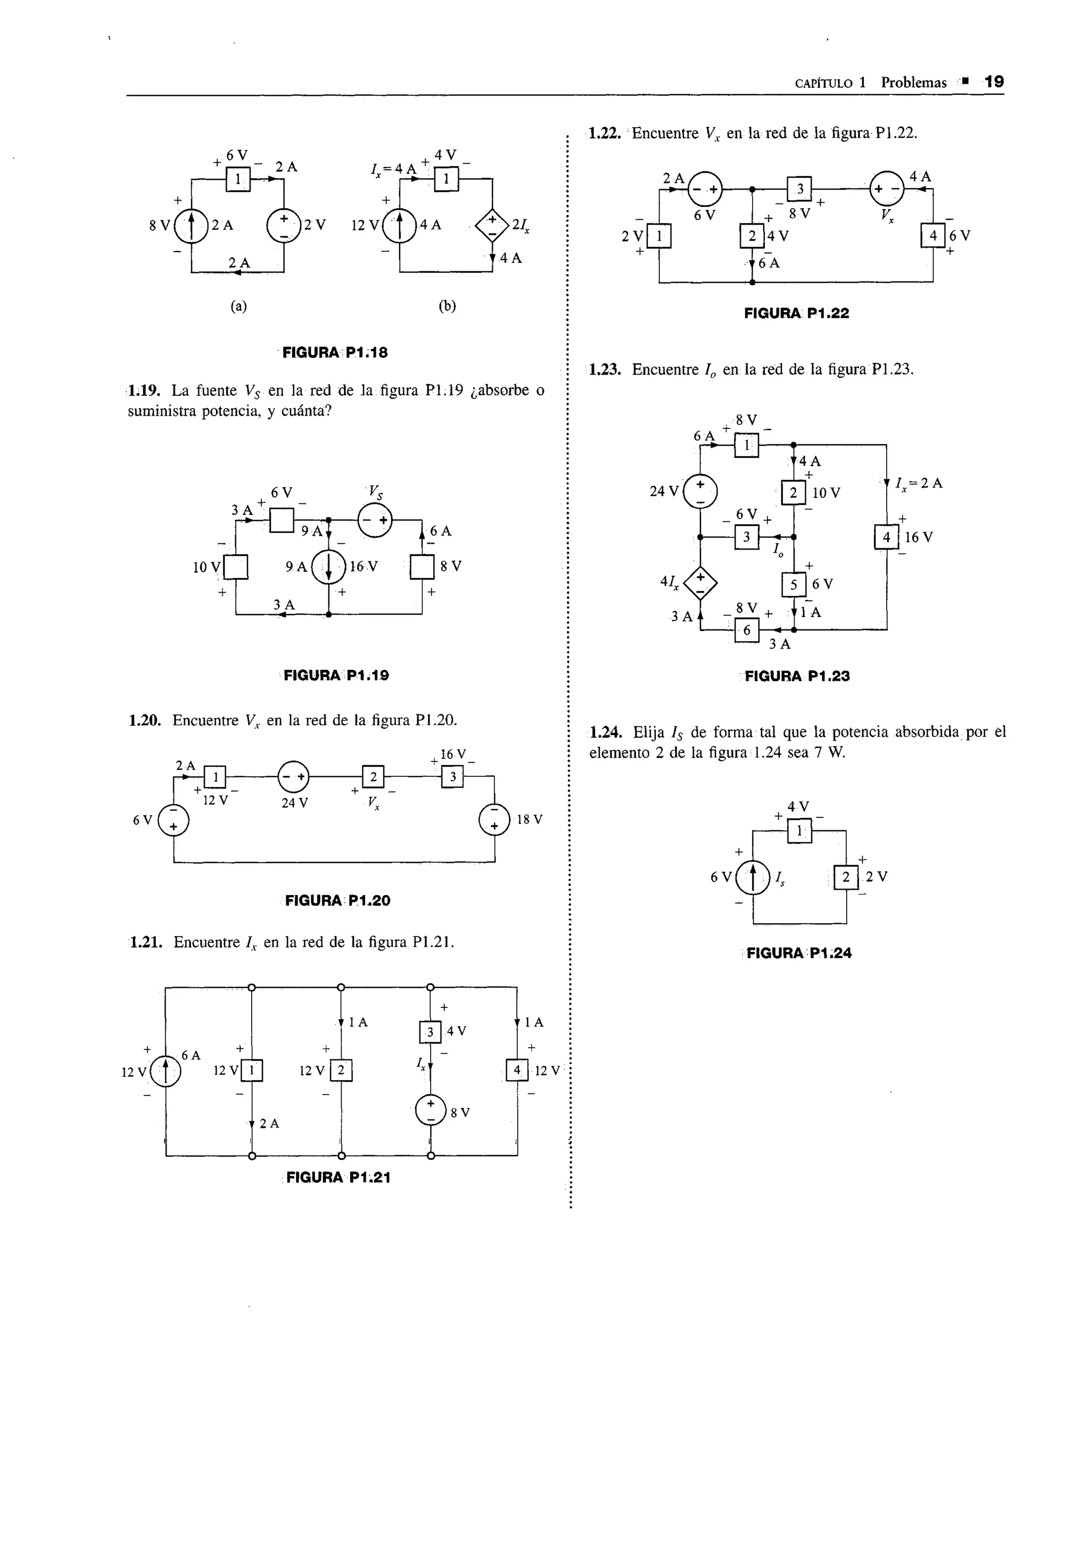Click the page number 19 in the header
coord(993,82)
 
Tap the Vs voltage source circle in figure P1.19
coord(375,520)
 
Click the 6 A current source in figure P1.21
coord(165,1072)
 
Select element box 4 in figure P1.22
coord(933,236)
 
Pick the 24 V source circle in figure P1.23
coord(700,492)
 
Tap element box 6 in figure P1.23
coord(746,631)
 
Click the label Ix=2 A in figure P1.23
coord(919,483)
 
